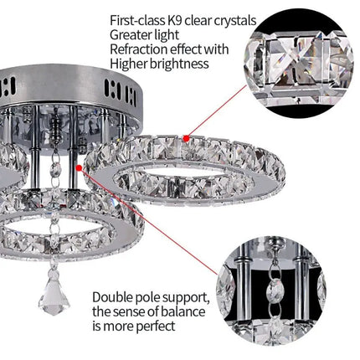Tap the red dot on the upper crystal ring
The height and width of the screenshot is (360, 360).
(x=194, y=133)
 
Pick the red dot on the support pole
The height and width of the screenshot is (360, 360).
(x=80, y=167)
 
